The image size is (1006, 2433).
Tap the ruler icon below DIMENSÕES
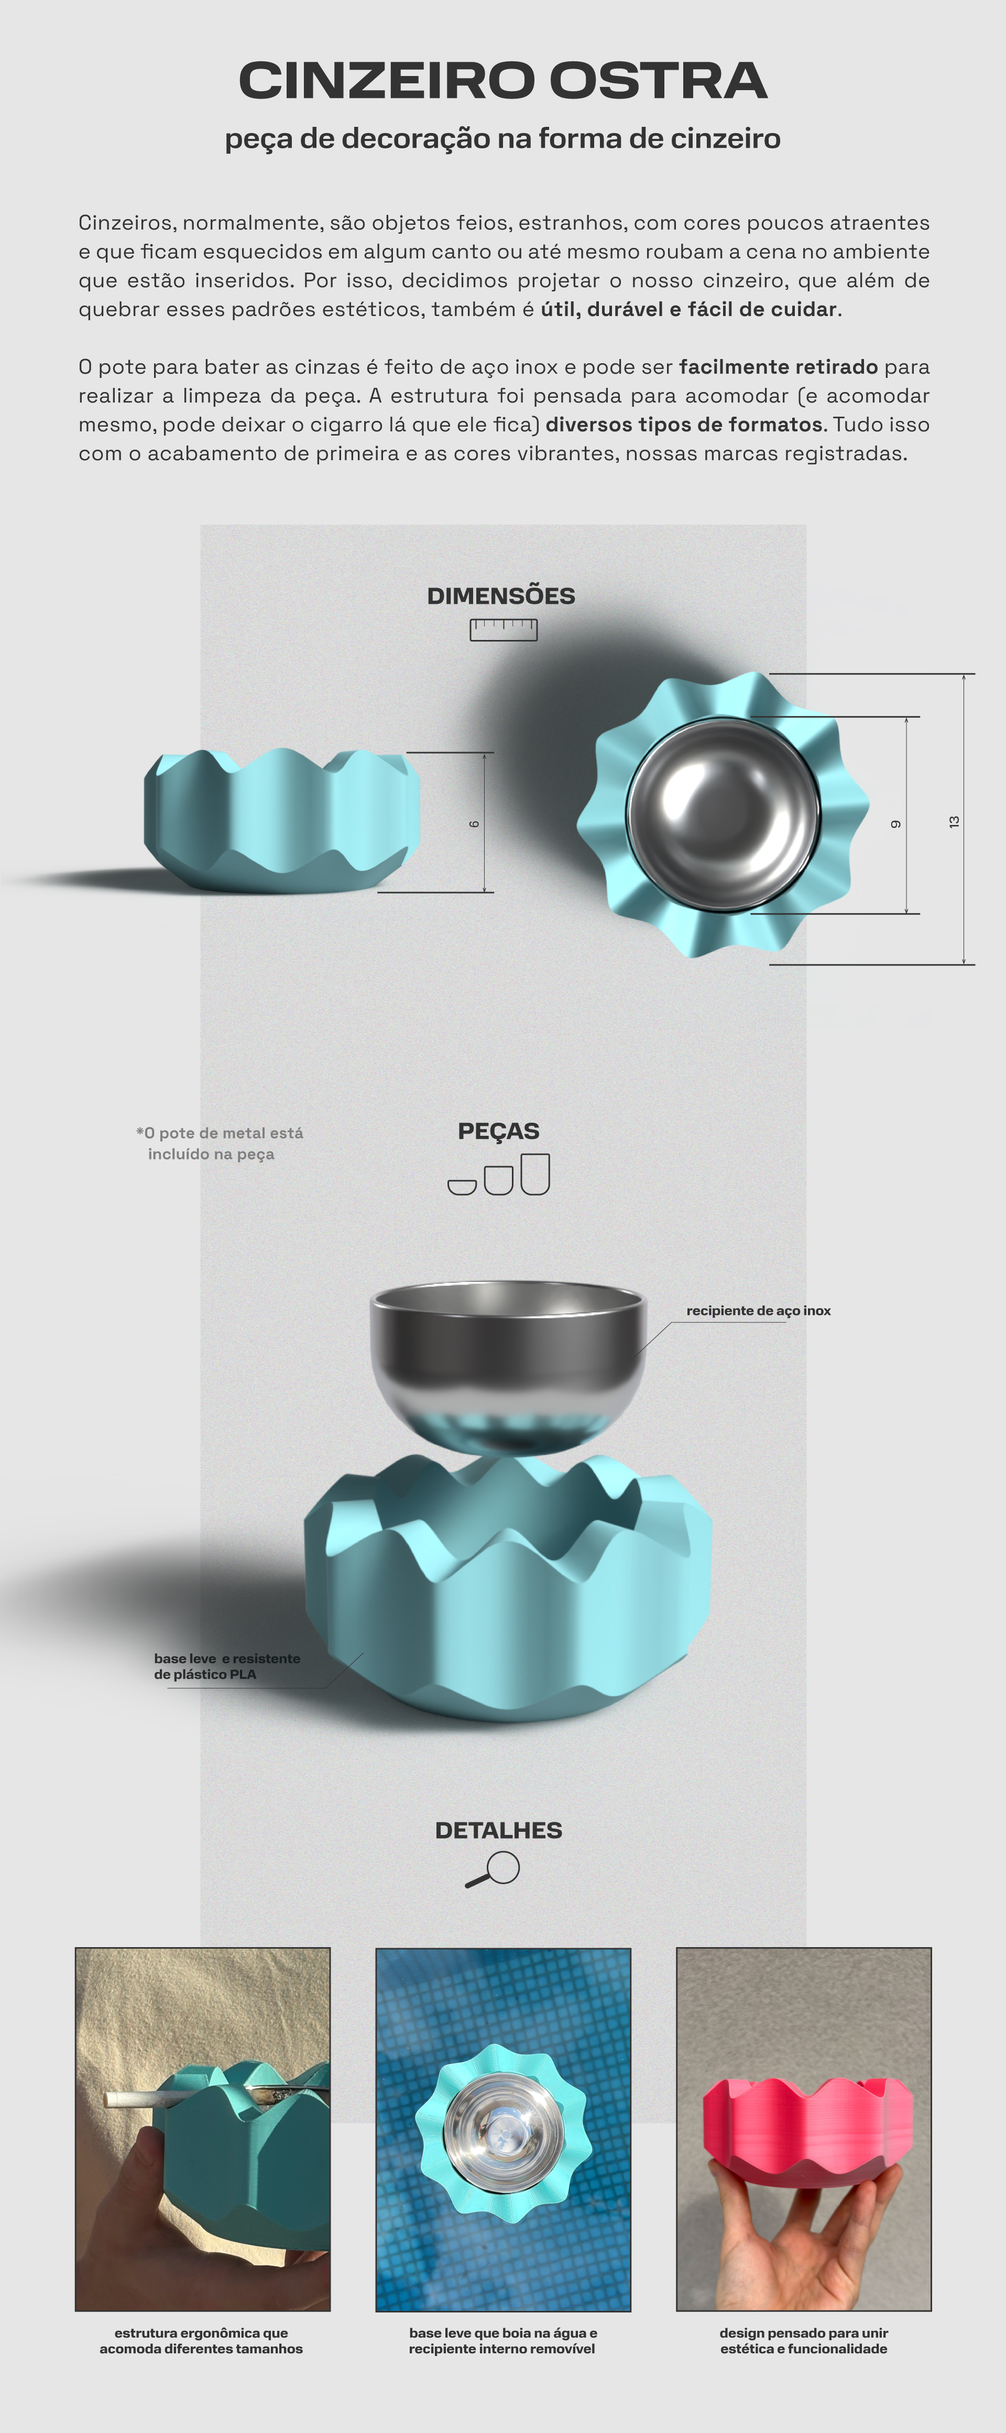[x=504, y=630]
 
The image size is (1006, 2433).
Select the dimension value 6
[x=474, y=823]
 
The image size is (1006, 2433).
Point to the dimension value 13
[x=954, y=822]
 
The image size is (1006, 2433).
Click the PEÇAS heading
[x=499, y=1132]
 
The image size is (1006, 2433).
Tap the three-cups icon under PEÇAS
[x=499, y=1174]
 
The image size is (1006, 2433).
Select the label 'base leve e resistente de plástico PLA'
[x=227, y=1666]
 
